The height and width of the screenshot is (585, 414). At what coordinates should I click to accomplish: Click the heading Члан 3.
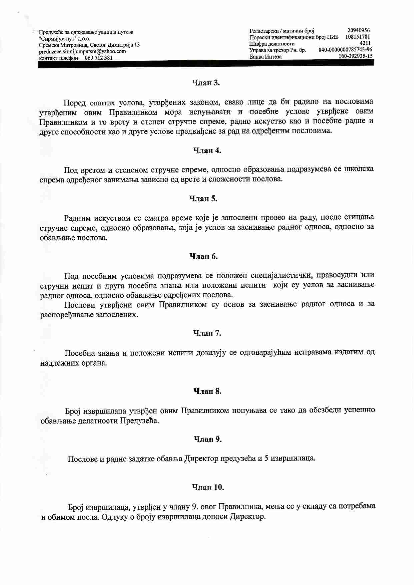[x=206, y=83]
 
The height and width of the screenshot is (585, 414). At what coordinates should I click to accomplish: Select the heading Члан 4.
[x=207, y=151]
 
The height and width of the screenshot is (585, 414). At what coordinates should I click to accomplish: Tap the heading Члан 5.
[x=203, y=199]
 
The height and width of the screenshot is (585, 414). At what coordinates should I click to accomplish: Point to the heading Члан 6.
[x=203, y=256]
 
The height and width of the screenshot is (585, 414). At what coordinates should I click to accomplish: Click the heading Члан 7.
[x=207, y=333]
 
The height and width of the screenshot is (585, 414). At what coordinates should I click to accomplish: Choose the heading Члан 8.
[x=207, y=391]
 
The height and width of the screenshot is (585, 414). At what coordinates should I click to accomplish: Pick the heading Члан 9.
[x=208, y=440]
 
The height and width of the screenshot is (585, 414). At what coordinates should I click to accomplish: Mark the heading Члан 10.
[x=208, y=487]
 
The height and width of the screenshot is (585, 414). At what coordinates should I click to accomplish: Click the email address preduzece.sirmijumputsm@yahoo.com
[x=82, y=51]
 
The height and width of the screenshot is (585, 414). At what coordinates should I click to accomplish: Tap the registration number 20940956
[x=358, y=31]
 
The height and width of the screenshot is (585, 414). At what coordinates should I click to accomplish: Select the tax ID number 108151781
[x=358, y=37]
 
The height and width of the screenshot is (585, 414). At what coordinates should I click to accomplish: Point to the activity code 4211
[x=365, y=43]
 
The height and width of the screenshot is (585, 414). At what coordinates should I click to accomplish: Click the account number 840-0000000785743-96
[x=345, y=50]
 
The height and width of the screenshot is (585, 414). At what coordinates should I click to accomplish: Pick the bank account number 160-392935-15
[x=355, y=56]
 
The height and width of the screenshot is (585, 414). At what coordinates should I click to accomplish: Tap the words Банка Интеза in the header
[x=266, y=56]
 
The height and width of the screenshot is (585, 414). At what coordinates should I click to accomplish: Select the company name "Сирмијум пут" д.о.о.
[x=65, y=39]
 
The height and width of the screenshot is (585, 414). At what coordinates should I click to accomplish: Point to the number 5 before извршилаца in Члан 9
[x=266, y=458]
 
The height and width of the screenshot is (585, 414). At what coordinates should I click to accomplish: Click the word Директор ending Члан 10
[x=247, y=517]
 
